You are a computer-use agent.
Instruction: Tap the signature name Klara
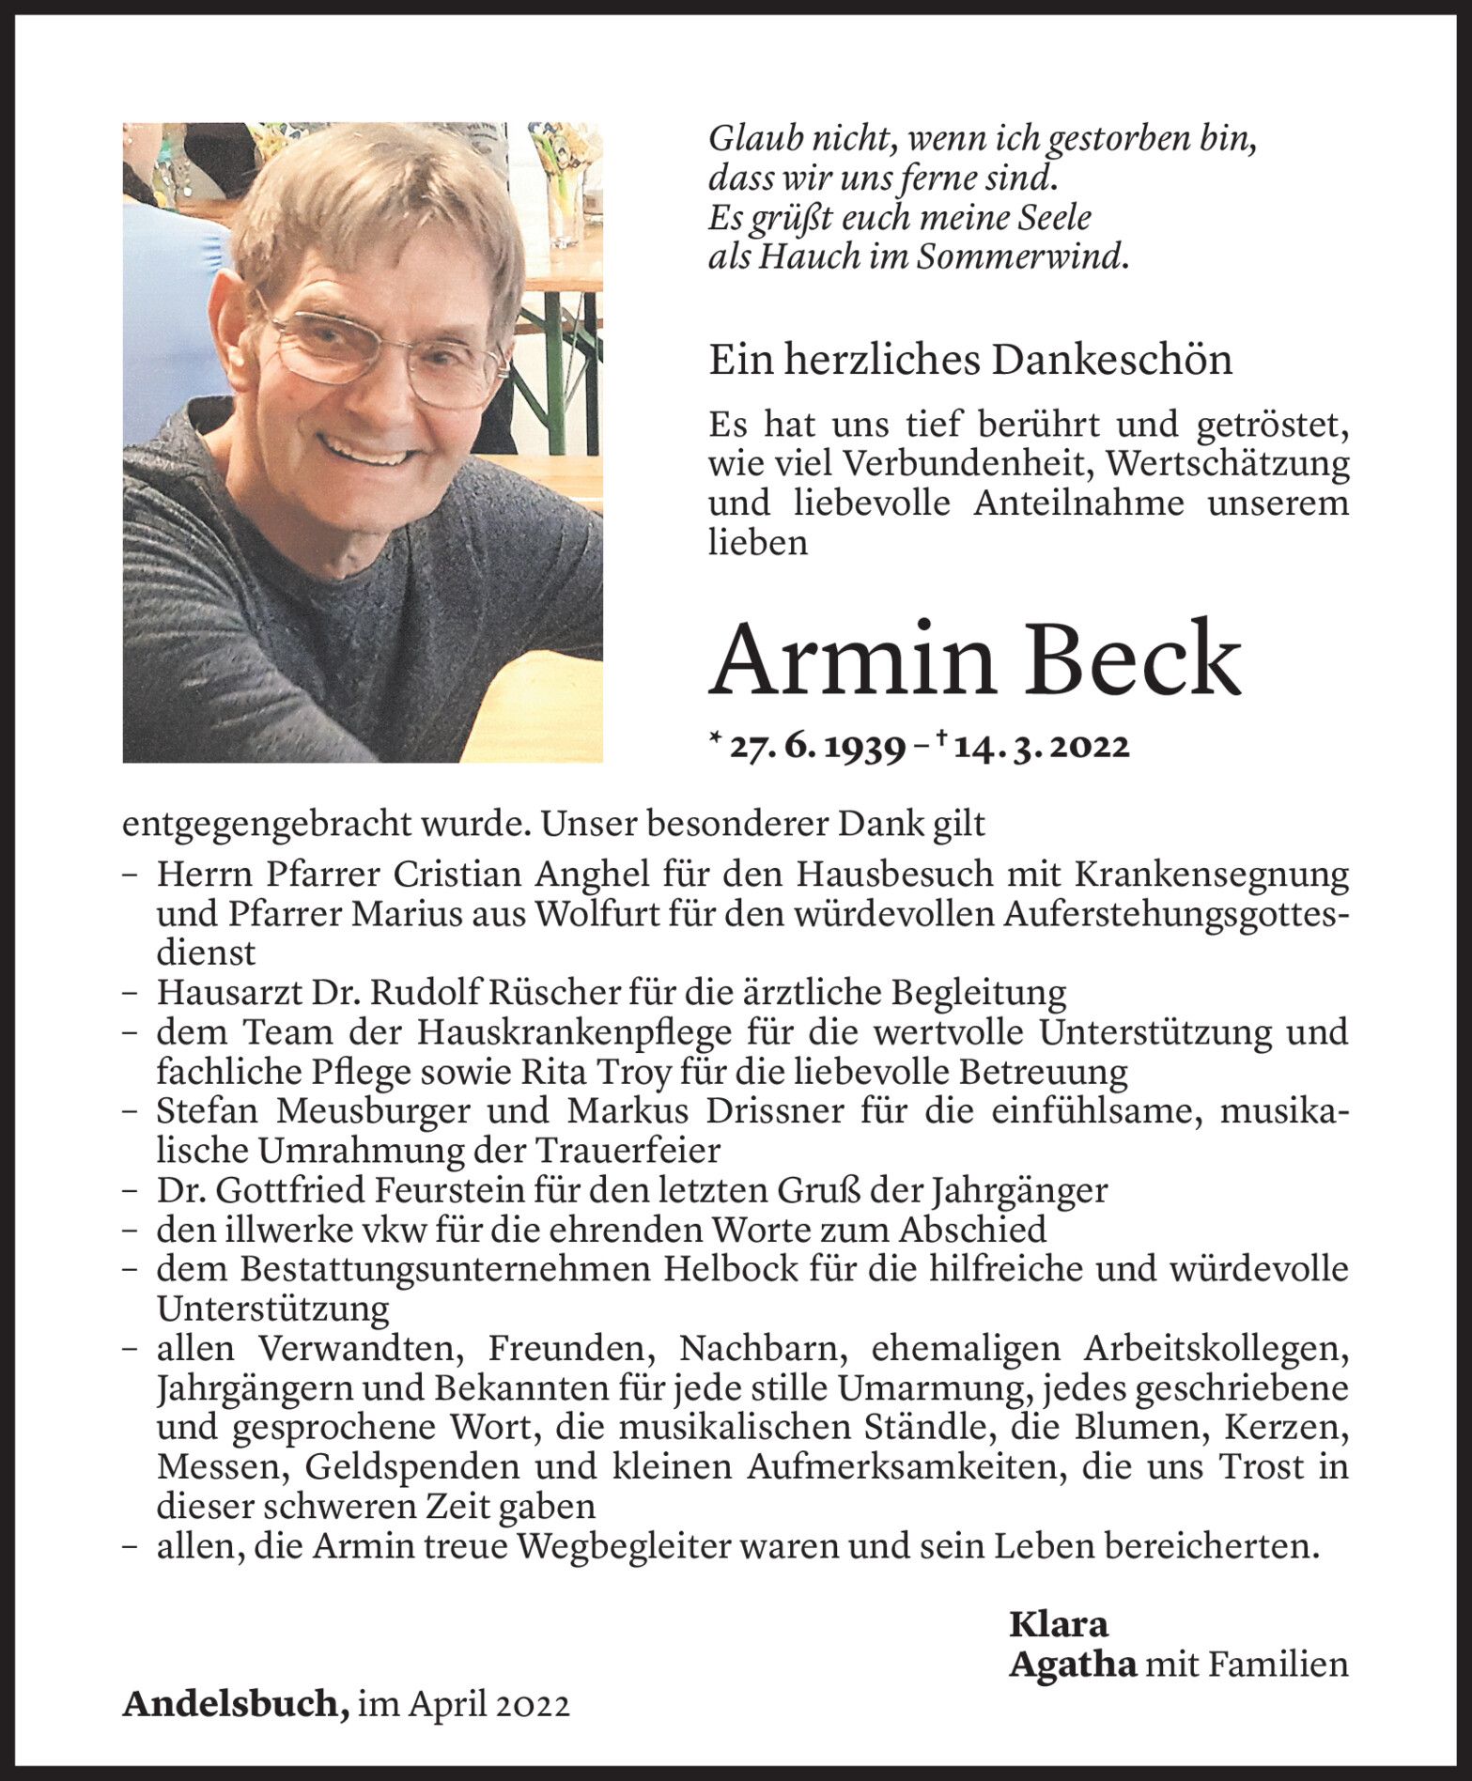pos(1059,1624)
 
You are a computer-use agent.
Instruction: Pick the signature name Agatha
pos(1072,1665)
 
